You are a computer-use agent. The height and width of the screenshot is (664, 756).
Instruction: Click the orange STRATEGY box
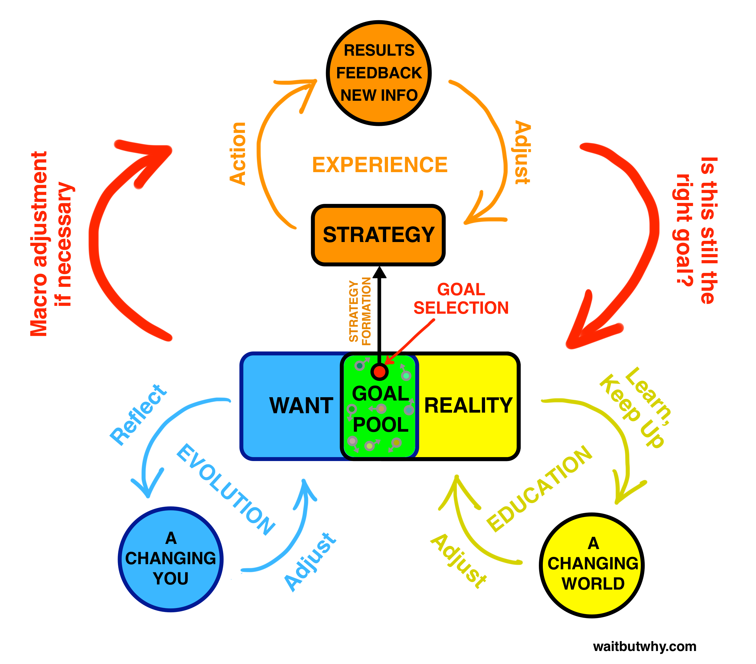point(378,235)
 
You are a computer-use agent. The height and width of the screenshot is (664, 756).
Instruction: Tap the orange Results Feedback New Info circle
point(379,73)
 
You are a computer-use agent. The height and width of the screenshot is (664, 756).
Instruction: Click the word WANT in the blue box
point(301,406)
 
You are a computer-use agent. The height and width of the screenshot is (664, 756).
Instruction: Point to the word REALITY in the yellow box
point(468,405)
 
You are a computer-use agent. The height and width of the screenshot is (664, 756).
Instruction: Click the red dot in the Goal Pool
point(379,372)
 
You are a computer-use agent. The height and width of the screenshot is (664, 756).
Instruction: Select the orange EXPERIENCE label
point(380,165)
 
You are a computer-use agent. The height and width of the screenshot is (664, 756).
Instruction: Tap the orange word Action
point(238,153)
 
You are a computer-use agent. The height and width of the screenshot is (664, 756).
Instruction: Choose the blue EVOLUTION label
point(226,489)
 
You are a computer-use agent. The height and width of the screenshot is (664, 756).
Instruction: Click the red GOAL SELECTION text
point(461,299)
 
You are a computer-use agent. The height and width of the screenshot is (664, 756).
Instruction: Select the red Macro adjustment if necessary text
point(52,244)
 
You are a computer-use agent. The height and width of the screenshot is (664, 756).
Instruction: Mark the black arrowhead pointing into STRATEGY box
point(380,273)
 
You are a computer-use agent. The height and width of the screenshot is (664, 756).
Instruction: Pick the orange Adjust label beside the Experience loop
point(522,152)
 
